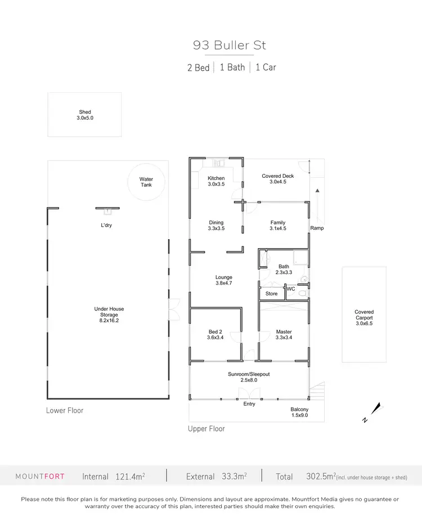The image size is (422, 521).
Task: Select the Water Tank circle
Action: (146, 182)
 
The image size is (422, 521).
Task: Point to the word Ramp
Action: (317, 228)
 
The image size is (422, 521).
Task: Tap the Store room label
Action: (272, 294)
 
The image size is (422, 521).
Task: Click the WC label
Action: (291, 289)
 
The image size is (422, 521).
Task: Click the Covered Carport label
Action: (364, 315)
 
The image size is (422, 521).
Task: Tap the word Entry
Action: (249, 404)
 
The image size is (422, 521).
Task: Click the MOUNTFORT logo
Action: (39, 477)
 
